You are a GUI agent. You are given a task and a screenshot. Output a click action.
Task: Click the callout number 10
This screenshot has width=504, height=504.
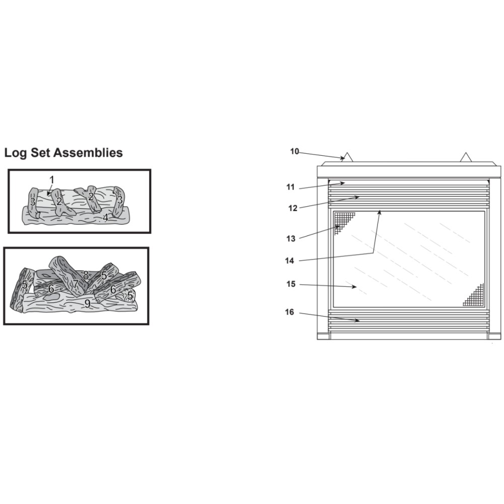click(294, 151)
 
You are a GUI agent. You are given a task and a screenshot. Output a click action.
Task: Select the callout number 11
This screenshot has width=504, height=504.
click(290, 187)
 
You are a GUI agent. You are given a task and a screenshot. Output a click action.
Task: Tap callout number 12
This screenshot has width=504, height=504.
click(292, 208)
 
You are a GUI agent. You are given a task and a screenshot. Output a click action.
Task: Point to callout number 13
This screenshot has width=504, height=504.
click(291, 238)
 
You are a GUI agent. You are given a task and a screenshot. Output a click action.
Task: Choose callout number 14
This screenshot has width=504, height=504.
click(289, 261)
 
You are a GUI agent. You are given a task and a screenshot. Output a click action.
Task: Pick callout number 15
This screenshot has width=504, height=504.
click(291, 284)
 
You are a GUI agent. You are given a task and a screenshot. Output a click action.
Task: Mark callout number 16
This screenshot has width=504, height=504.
click(289, 312)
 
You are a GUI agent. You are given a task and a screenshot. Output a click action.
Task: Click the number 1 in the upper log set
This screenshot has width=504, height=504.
click(52, 180)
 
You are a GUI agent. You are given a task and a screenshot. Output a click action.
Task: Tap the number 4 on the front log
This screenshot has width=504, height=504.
click(105, 218)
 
